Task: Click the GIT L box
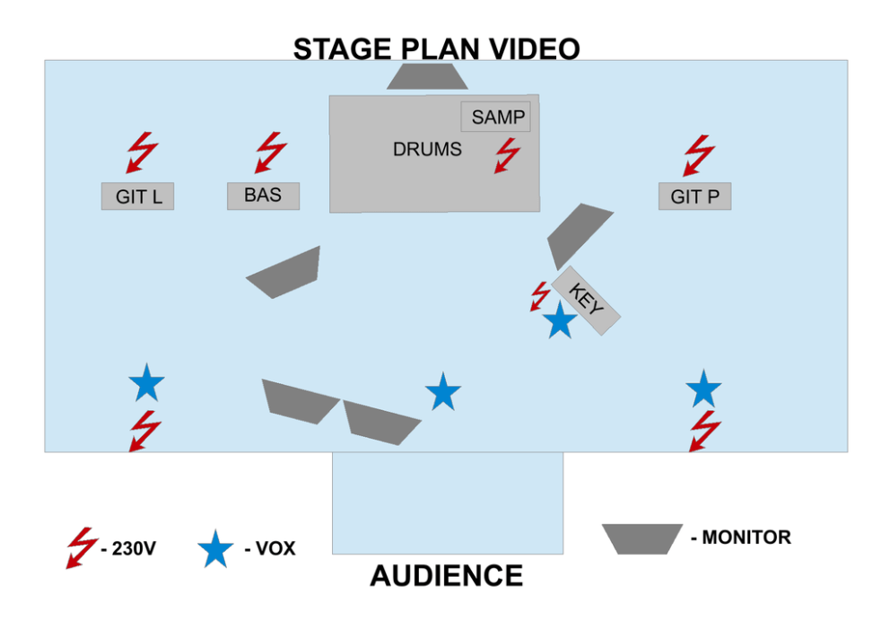click(137, 197)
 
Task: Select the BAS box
click(264, 196)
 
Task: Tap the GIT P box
click(694, 197)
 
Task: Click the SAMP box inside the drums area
click(495, 117)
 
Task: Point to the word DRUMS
click(427, 149)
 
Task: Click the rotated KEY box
click(587, 301)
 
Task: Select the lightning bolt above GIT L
click(142, 153)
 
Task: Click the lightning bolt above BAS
click(271, 153)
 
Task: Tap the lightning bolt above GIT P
click(699, 155)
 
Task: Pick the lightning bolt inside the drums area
click(507, 155)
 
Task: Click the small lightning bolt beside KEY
click(540, 296)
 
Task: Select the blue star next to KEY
click(560, 320)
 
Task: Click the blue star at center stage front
click(442, 392)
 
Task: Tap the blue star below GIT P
click(703, 389)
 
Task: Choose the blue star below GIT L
click(146, 382)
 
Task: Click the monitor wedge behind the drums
click(427, 76)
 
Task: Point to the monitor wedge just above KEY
click(578, 236)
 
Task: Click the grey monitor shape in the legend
click(642, 538)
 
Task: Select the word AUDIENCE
click(446, 576)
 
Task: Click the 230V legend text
click(129, 548)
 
